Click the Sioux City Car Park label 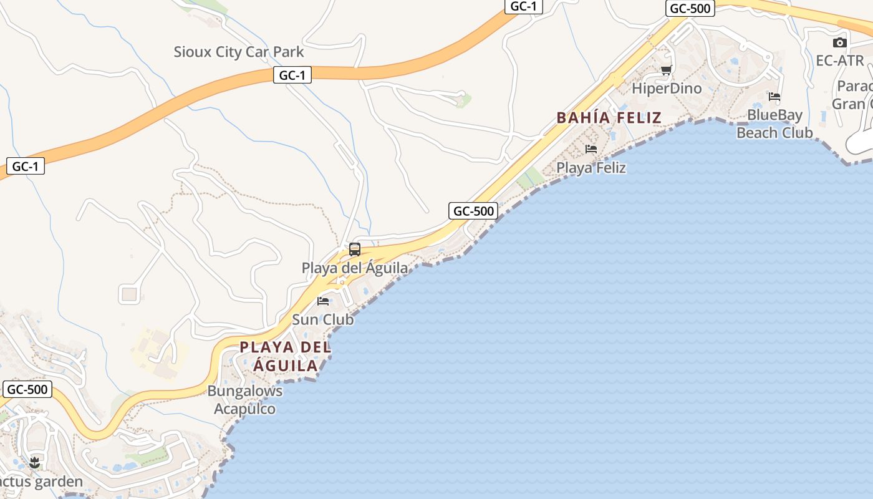point(238,52)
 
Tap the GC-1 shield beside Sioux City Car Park point(292,75)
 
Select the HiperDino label point(667,88)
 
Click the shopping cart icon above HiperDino point(666,70)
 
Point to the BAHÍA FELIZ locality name point(609,117)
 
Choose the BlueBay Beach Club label point(774,124)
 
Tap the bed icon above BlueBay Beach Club point(774,97)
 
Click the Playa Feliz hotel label point(591,167)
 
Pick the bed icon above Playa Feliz point(591,149)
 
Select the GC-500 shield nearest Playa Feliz point(473,211)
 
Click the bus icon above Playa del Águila point(355,249)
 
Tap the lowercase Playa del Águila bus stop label point(355,268)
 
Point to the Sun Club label point(323,319)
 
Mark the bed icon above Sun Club point(323,301)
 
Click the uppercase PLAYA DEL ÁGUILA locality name point(286,356)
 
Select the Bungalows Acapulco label point(244,400)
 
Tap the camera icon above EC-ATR point(840,43)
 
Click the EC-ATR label point(840,61)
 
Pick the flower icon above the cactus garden point(34,463)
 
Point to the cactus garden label point(41,482)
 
